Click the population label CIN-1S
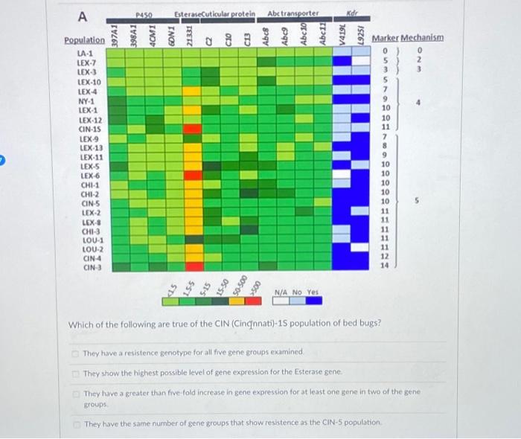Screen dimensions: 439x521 tap(90, 129)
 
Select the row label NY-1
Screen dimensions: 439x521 tap(86, 100)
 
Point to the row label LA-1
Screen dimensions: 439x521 tap(85, 54)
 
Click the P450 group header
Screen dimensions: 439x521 tap(144, 14)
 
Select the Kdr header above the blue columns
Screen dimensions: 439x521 tap(352, 14)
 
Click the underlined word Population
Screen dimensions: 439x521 tap(84, 40)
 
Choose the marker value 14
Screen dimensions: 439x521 tap(385, 266)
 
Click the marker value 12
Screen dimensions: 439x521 tap(385, 256)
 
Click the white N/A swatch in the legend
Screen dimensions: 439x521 tap(282, 301)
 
